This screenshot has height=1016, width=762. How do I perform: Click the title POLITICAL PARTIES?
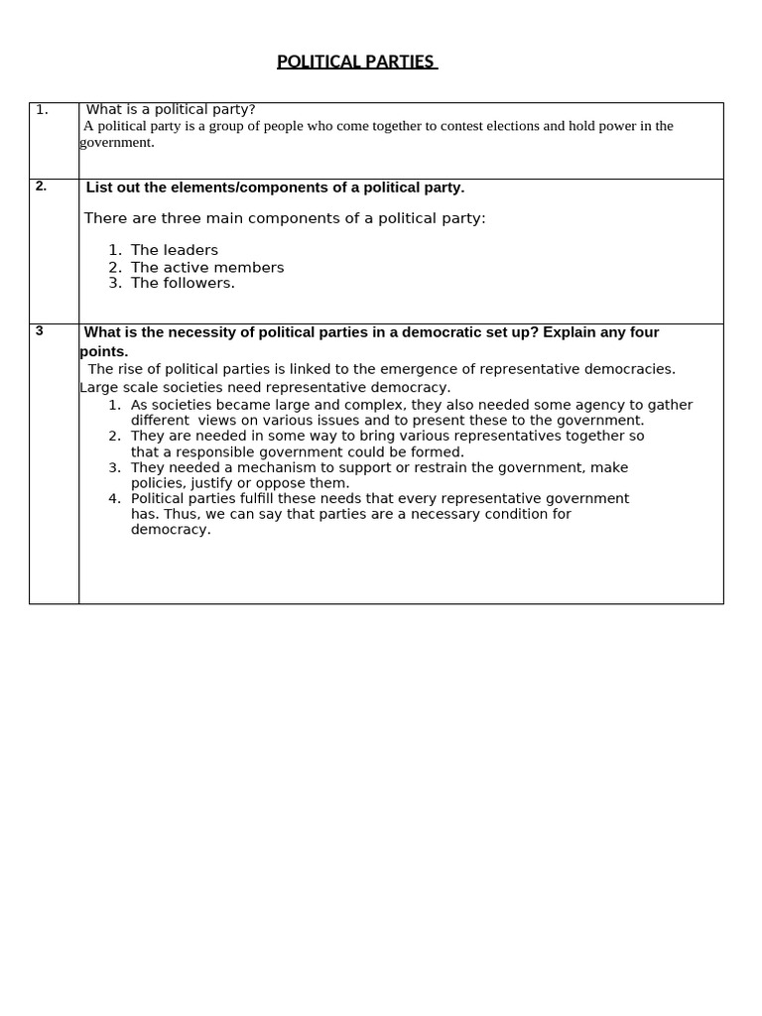tap(355, 62)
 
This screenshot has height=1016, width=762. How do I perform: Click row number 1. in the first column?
tap(42, 109)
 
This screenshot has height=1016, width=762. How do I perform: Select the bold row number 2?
tap(41, 186)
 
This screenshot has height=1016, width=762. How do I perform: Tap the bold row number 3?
tap(40, 330)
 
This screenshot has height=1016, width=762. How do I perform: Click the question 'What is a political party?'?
tap(171, 109)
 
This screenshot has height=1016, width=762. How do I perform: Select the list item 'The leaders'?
tap(175, 250)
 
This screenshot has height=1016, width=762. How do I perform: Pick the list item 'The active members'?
tap(207, 267)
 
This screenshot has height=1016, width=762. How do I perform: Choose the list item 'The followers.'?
tap(183, 283)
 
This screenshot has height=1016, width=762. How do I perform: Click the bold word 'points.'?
tap(104, 351)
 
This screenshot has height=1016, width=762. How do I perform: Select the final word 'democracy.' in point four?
tap(171, 529)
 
